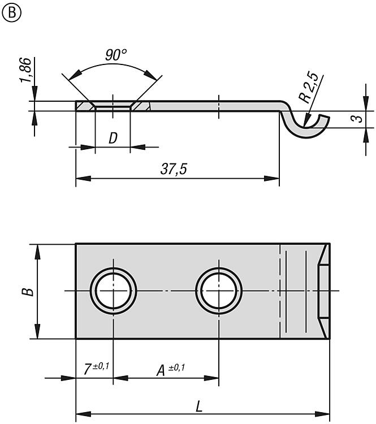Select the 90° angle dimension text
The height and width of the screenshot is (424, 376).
(x=115, y=55)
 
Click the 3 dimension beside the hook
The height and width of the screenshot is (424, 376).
(x=355, y=119)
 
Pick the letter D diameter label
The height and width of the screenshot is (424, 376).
(x=113, y=137)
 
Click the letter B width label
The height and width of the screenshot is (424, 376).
(x=29, y=292)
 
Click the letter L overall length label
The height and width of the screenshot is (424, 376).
(x=199, y=405)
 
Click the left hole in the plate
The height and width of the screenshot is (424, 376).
(x=113, y=291)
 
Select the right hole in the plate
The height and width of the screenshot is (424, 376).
(x=218, y=291)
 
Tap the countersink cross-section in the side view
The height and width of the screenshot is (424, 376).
(x=113, y=106)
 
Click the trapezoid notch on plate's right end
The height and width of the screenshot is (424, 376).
(x=323, y=291)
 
